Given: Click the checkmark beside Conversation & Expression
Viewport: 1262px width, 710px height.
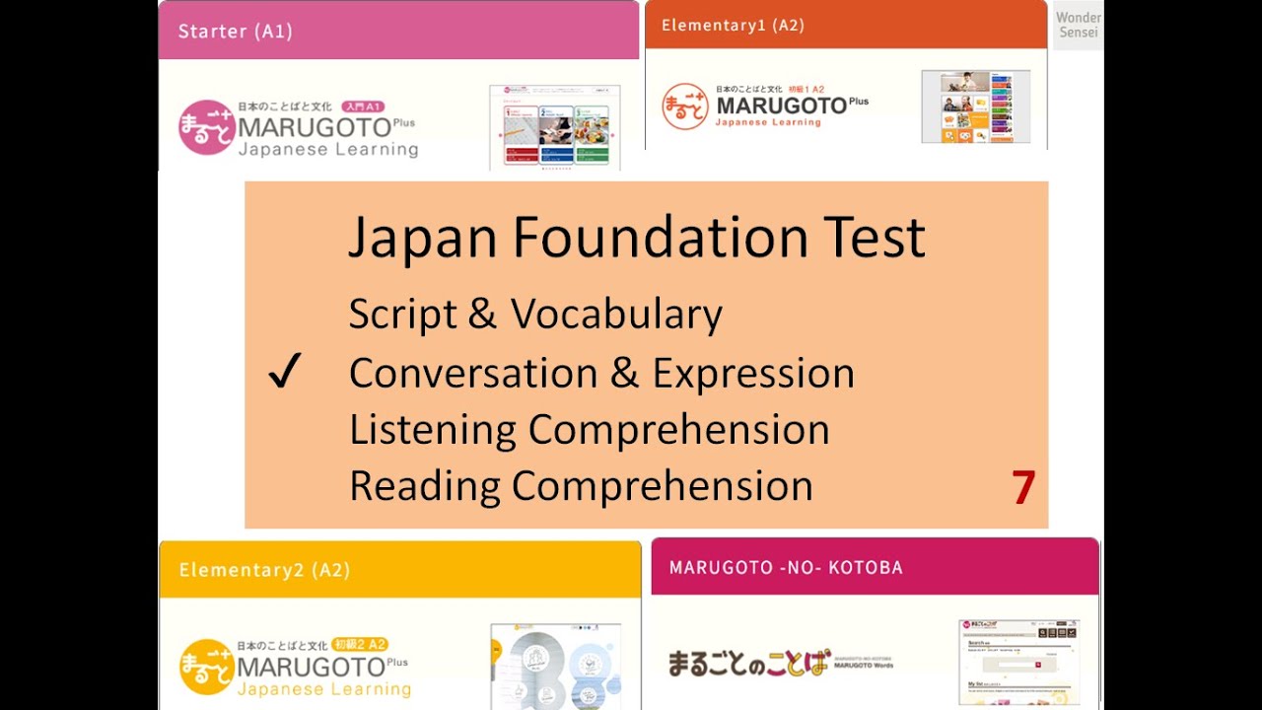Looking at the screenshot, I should tap(284, 374).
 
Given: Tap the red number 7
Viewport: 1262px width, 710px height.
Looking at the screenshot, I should tap(1023, 488).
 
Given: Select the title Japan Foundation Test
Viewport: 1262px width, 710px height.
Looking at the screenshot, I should tap(637, 238).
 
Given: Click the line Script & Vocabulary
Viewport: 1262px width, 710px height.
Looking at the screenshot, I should tap(535, 315).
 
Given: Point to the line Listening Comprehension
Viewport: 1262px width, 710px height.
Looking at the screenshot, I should tap(589, 430).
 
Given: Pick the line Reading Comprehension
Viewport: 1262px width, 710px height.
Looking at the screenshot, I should tap(581, 486).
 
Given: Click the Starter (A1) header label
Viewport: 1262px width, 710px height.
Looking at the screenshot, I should tap(235, 31).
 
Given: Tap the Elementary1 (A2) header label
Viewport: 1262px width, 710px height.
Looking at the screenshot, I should tap(733, 26).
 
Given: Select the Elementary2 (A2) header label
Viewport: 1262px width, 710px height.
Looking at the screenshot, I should tap(264, 570).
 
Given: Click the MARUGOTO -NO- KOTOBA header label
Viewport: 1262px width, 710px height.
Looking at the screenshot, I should tap(786, 567).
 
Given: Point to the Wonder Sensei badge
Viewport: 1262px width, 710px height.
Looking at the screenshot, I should tap(1079, 25).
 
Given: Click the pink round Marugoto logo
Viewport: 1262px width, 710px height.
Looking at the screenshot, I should tap(206, 127).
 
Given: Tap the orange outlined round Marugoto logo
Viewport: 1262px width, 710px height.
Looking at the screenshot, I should tap(685, 106).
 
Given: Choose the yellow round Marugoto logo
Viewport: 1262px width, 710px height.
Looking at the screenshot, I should tap(206, 667).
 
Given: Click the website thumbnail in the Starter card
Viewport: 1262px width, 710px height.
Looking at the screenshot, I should tap(555, 127).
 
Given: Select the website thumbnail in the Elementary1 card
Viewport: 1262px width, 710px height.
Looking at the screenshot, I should tap(975, 106).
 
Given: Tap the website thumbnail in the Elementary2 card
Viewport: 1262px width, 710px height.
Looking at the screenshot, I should tap(555, 666).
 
